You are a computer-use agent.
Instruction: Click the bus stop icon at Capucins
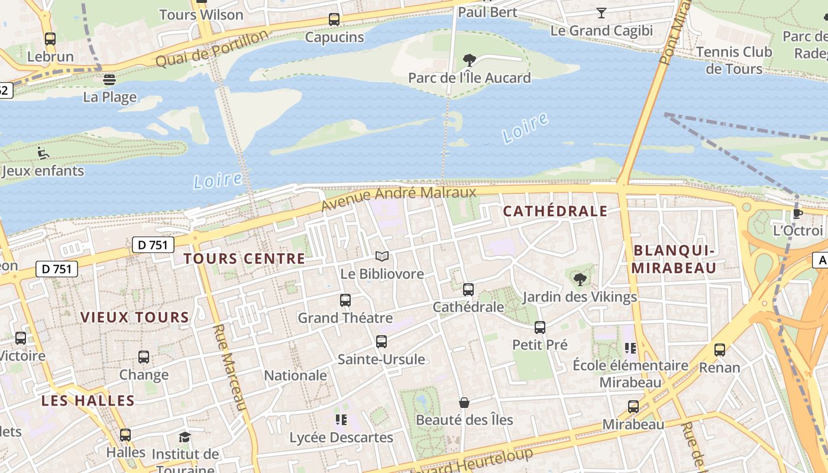[334, 20]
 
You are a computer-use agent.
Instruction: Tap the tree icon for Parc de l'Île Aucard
[470, 60]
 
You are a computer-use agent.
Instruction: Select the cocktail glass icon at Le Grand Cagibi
[601, 12]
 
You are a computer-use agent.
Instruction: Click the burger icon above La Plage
[109, 79]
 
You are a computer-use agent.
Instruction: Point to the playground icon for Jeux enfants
[43, 153]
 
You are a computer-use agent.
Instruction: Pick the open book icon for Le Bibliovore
[383, 256]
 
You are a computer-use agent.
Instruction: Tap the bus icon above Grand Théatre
[345, 300]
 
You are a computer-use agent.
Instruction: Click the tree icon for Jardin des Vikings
[580, 279]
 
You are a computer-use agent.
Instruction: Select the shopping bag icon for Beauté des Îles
[464, 403]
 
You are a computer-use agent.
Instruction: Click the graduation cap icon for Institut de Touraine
[185, 437]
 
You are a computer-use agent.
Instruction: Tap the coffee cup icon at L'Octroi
[798, 213]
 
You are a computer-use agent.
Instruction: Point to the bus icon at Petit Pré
[539, 327]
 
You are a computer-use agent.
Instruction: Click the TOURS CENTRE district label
[244, 258]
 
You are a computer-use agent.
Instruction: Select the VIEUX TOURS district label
[135, 317]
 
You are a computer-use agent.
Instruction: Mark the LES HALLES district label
[88, 400]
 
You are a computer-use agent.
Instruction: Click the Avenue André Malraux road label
[399, 199]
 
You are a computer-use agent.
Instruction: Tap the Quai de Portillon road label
[212, 49]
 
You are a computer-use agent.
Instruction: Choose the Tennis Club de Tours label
[734, 60]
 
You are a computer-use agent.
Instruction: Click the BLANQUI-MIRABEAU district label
[674, 259]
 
